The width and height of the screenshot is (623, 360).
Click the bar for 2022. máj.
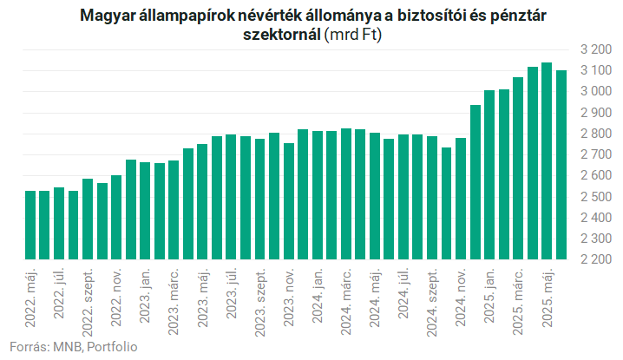tap(30, 225)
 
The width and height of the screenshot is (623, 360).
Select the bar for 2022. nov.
tap(116, 218)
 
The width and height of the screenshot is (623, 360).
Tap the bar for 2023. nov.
tap(289, 201)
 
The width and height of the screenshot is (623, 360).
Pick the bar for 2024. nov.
tap(461, 199)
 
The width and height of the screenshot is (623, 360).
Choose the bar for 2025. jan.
tap(489, 175)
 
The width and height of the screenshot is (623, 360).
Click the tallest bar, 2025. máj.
tap(547, 161)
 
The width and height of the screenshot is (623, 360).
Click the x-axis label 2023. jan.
tap(145, 296)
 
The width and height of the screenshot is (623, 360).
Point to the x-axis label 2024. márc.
tap(345, 302)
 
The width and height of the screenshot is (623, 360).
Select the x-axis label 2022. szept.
tap(88, 303)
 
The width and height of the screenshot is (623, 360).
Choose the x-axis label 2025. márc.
tap(518, 302)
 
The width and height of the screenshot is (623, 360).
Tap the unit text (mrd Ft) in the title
tap(353, 35)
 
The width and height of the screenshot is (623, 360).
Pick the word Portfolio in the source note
tap(112, 347)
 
